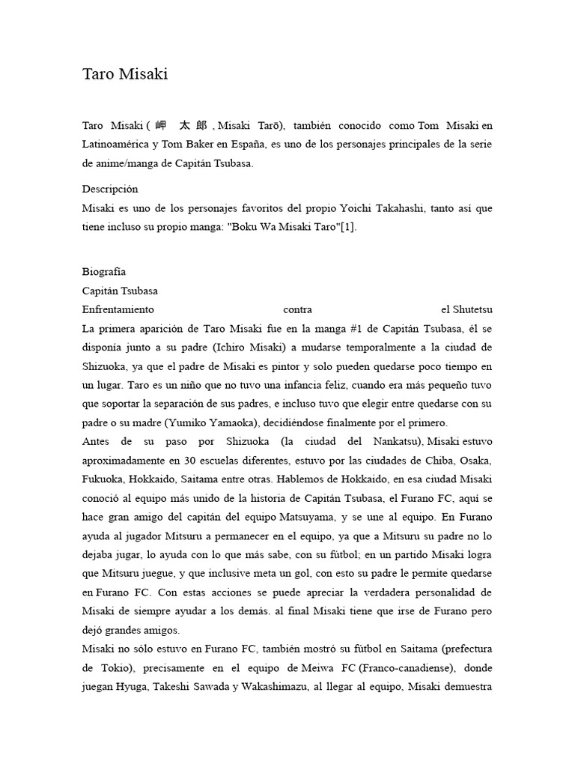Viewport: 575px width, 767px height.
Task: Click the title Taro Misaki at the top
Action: pos(125,74)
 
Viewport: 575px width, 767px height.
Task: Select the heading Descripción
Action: pos(110,189)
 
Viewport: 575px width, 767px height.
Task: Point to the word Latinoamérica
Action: pos(116,143)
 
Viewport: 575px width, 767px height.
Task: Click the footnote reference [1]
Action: pos(348,227)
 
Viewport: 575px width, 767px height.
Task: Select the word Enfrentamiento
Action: pos(118,309)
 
